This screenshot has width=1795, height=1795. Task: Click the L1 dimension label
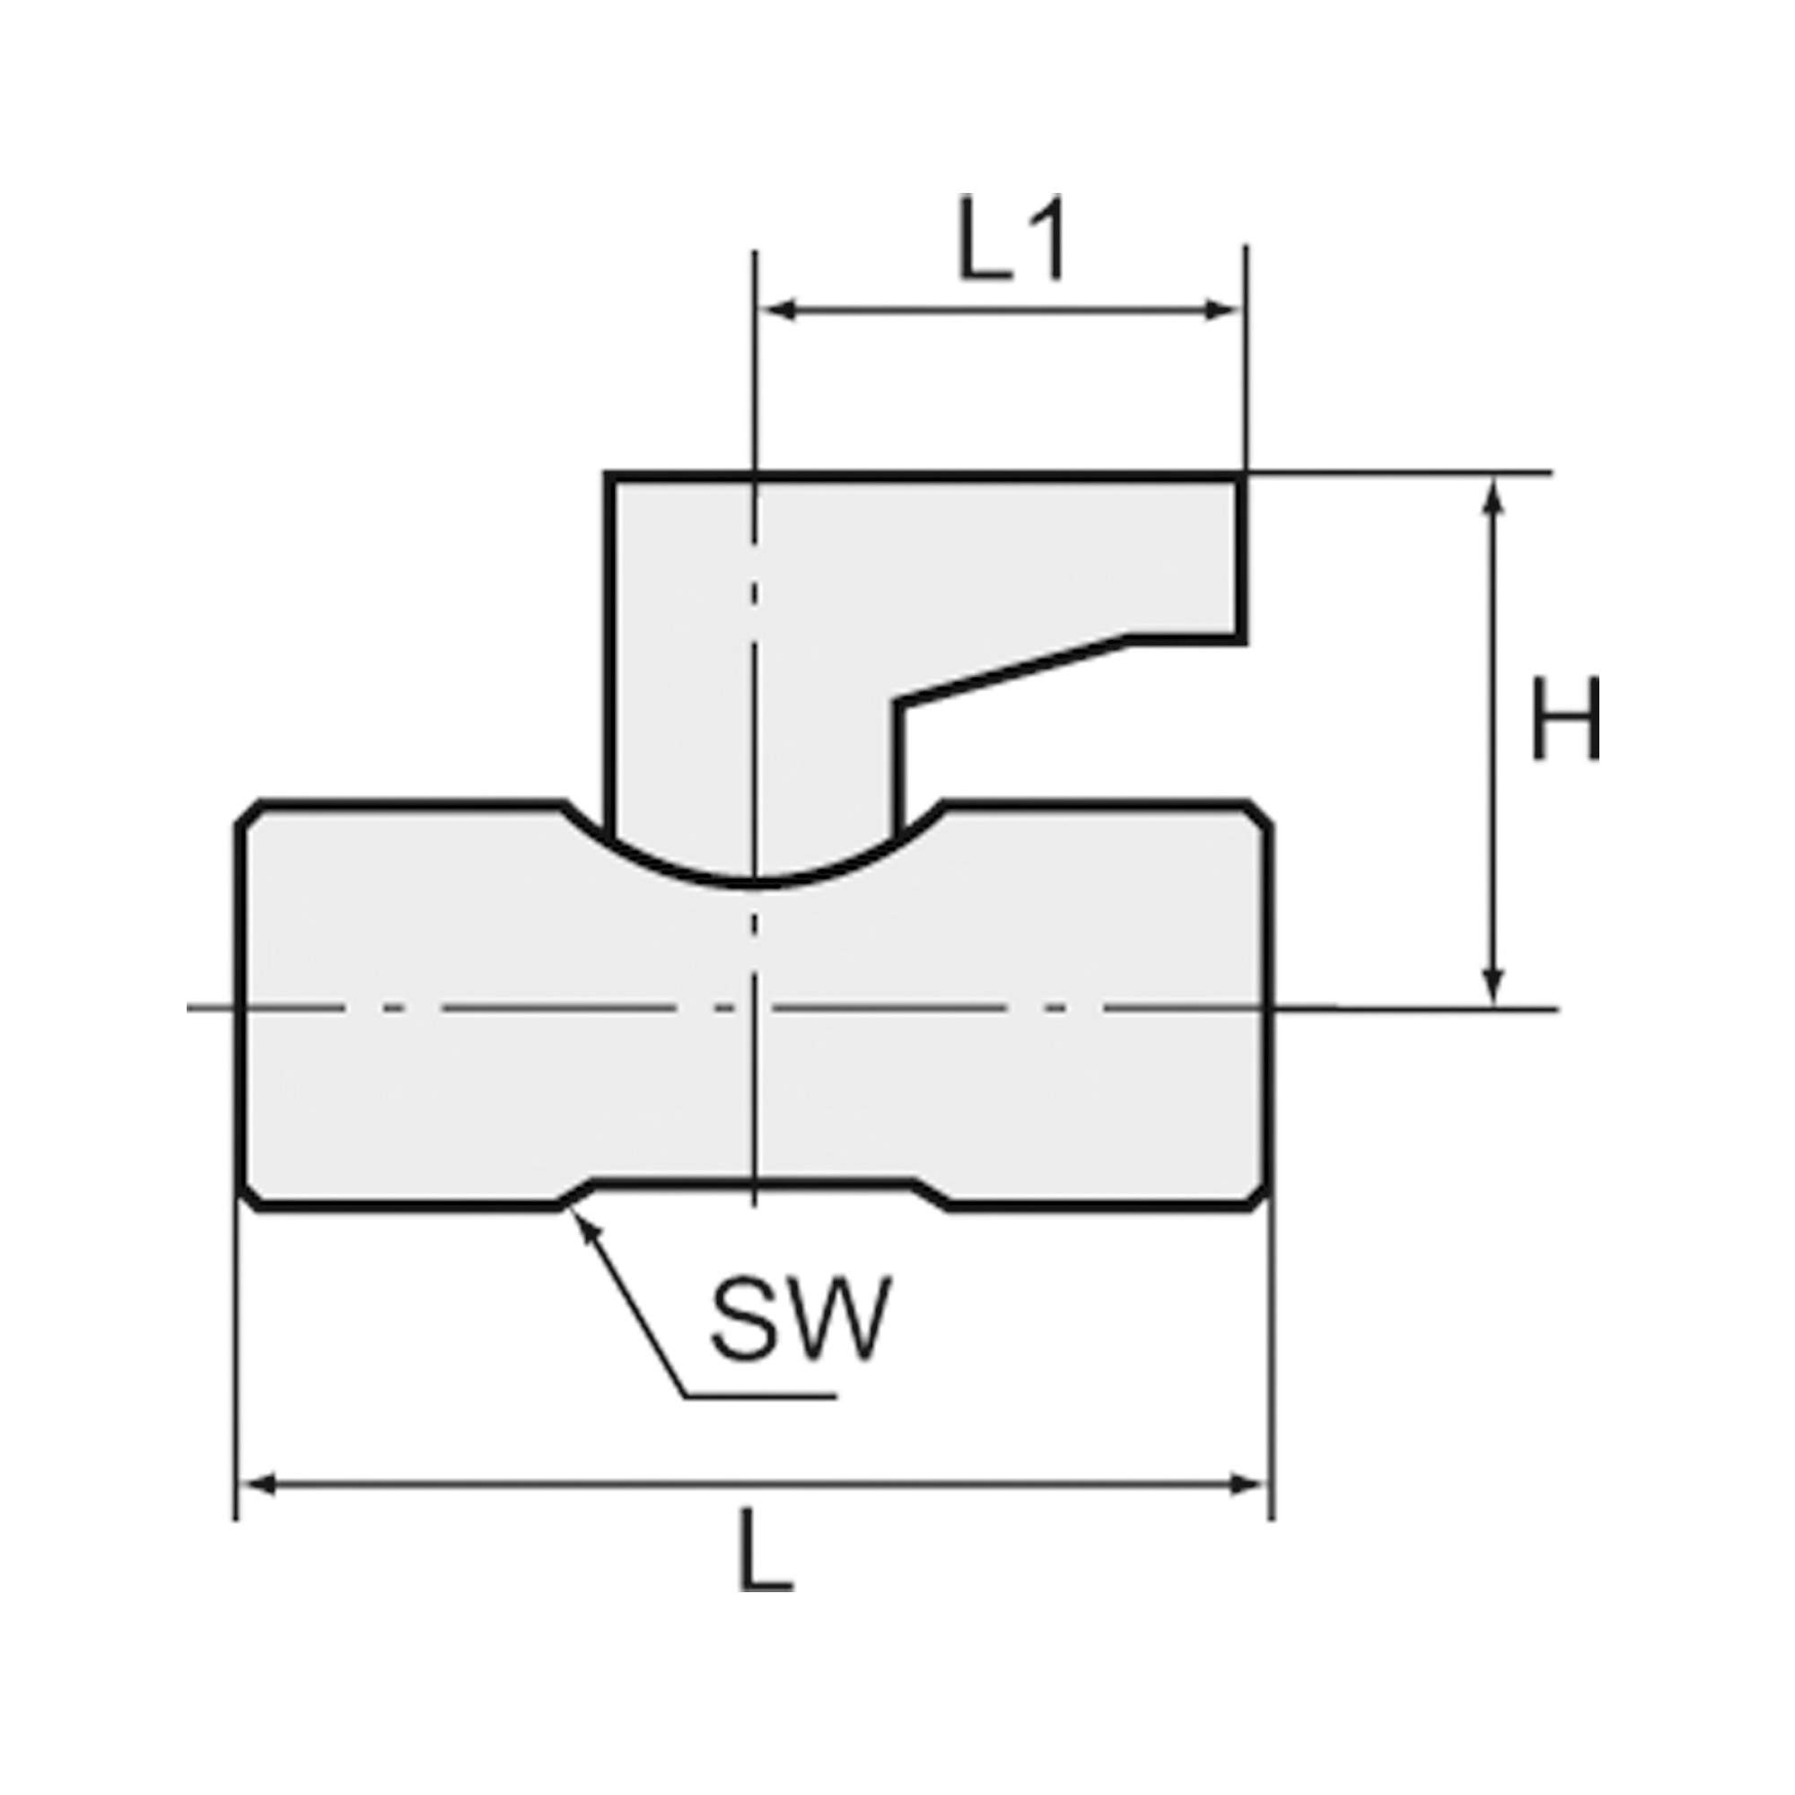[1011, 240]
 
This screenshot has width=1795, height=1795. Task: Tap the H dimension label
[1565, 718]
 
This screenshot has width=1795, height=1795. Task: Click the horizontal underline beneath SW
[760, 1422]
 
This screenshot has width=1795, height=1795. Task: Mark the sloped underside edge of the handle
[1012, 670]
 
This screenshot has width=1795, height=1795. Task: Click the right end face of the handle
[1240, 556]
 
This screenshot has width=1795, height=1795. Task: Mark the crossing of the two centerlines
[756, 1007]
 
